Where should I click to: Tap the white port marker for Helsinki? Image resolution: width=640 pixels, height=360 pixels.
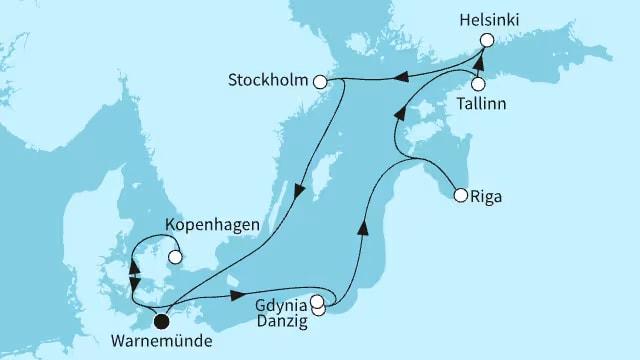487,40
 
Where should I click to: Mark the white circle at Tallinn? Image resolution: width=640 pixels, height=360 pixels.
479,86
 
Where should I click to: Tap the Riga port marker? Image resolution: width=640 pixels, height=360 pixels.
460,196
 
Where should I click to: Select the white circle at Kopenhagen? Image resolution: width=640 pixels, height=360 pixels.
175,256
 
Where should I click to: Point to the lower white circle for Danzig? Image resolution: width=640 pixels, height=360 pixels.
319,310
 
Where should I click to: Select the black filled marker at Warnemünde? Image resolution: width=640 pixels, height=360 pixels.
160,321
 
